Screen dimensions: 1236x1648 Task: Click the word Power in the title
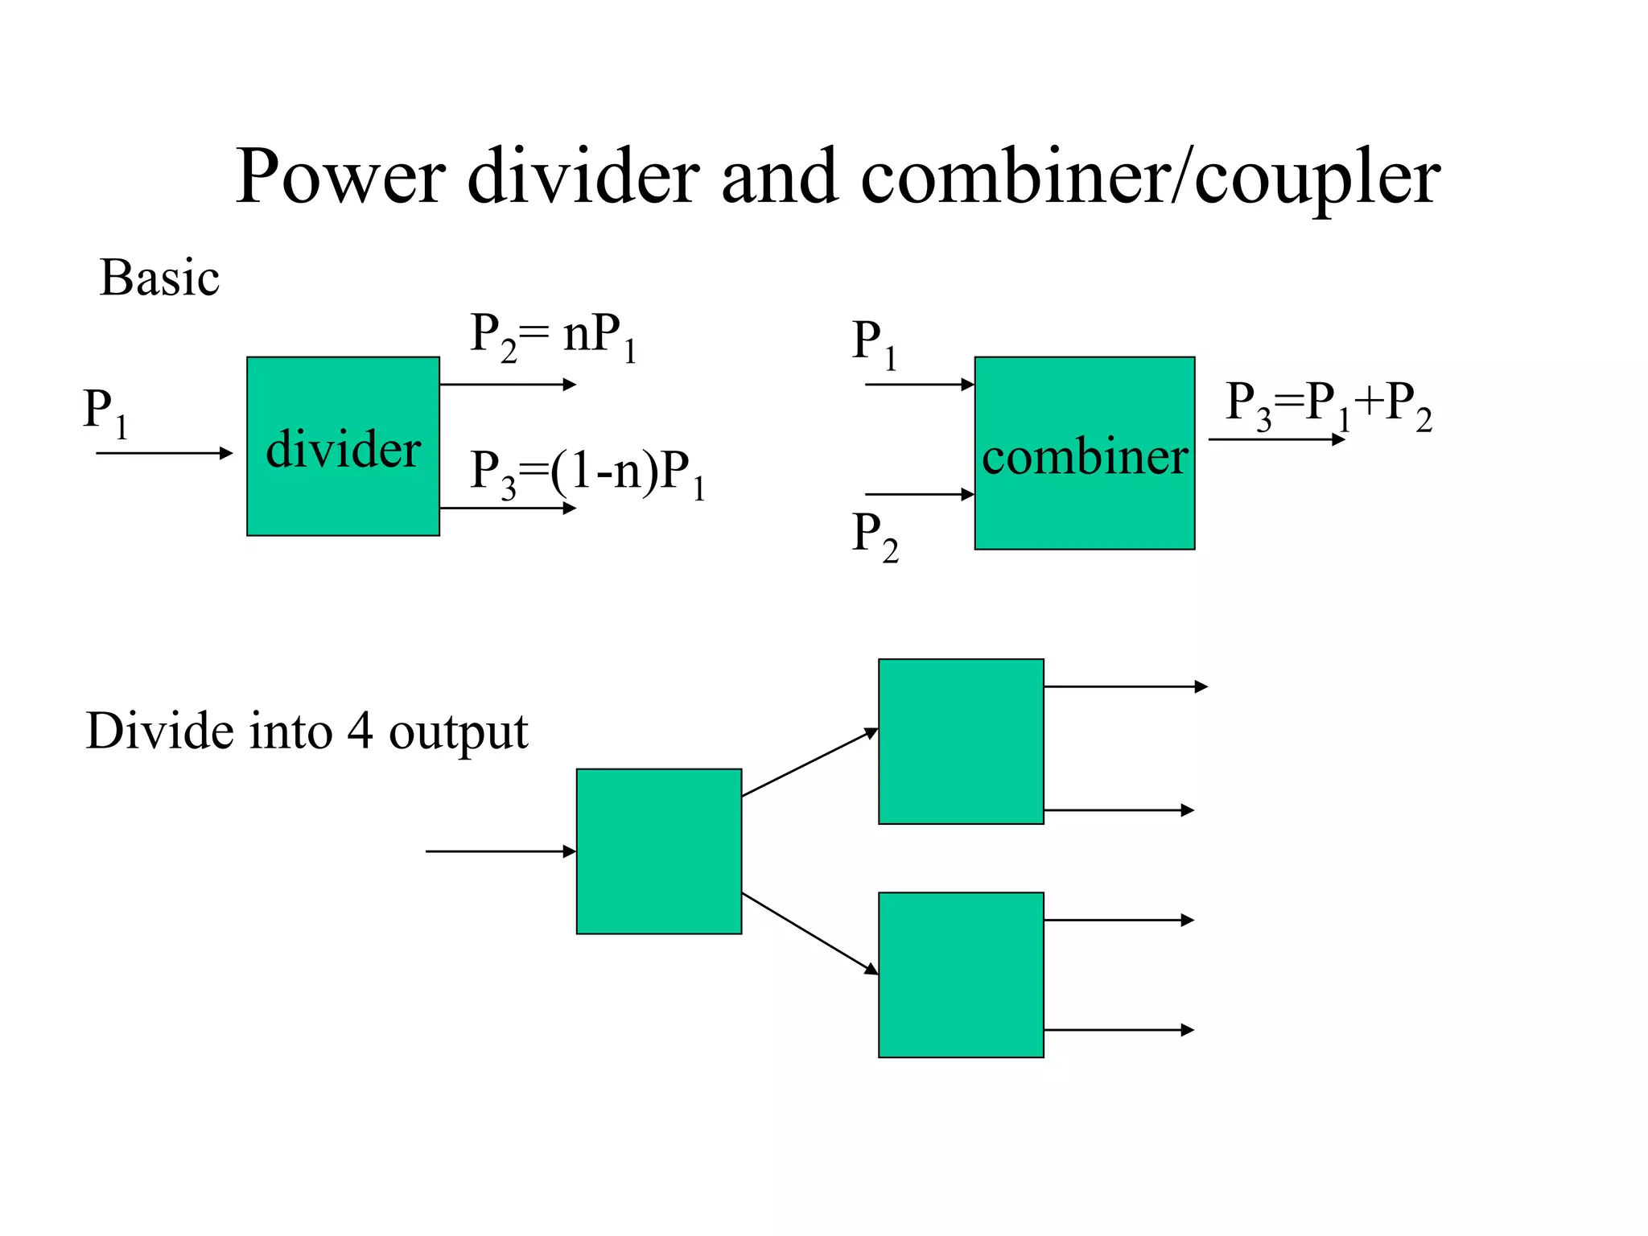pos(340,177)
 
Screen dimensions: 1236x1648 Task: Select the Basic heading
pos(159,278)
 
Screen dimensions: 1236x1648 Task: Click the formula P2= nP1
pos(554,336)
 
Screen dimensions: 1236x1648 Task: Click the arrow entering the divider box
pos(164,453)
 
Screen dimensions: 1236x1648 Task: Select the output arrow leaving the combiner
pos(1276,439)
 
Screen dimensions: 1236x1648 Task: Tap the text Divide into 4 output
pos(307,731)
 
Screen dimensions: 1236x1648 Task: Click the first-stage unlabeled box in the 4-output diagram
pos(658,851)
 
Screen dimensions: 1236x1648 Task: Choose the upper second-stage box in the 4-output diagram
pos(961,741)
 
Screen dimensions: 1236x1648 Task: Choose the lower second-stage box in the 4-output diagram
pos(961,974)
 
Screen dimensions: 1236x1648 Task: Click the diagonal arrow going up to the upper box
pos(810,762)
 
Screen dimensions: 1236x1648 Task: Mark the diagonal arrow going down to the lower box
pos(810,933)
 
